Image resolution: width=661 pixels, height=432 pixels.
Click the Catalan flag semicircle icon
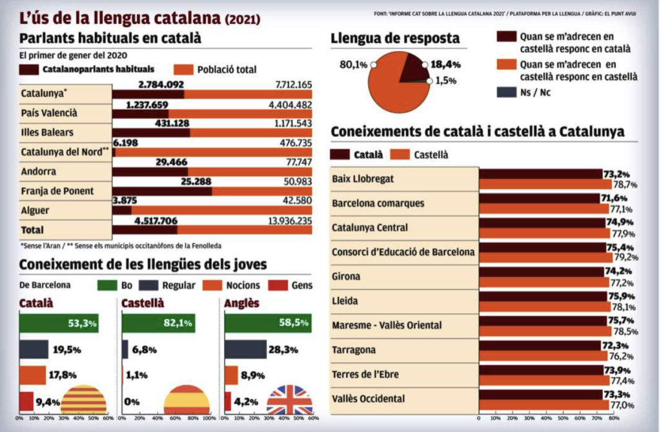[83, 400]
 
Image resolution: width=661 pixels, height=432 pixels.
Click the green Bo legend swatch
[107, 285]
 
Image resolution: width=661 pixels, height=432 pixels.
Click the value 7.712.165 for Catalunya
[294, 85]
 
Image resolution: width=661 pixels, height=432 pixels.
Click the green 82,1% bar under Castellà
[158, 323]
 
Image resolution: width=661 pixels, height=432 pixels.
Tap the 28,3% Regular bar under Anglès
[245, 349]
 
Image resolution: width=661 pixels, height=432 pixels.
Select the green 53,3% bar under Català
[59, 323]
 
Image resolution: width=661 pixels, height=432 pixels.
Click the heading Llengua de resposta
[395, 39]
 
